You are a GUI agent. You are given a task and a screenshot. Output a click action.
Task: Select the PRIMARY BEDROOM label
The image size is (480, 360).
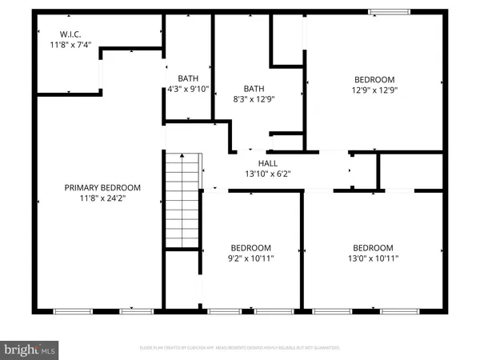(x=102, y=188)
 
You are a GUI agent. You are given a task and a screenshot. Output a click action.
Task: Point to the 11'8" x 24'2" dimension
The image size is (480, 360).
(x=102, y=199)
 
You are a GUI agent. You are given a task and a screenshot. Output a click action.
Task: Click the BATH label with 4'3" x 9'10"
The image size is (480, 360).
(x=188, y=78)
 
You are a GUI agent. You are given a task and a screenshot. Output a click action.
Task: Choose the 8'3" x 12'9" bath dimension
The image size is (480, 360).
(x=254, y=99)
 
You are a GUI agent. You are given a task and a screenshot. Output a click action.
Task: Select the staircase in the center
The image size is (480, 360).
(x=180, y=200)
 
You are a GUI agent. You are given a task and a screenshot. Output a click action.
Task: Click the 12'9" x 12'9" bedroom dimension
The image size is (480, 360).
(x=375, y=90)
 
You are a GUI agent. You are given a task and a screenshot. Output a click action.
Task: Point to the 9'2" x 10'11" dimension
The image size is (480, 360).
(x=250, y=258)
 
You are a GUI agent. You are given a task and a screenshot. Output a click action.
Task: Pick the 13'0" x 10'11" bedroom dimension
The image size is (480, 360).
(x=373, y=258)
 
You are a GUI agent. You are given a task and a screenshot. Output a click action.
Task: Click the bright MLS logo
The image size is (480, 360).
(x=30, y=349)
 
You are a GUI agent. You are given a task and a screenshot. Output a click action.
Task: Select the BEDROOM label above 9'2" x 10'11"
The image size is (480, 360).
(x=250, y=247)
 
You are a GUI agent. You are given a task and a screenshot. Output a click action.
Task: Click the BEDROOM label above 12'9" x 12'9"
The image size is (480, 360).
(x=375, y=79)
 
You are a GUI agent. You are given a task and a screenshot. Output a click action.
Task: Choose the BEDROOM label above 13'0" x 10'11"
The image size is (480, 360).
(x=373, y=247)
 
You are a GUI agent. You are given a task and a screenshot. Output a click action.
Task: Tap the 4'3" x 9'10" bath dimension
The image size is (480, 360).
(x=188, y=90)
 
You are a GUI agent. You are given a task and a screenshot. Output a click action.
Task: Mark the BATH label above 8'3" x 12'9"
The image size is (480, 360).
(x=254, y=88)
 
